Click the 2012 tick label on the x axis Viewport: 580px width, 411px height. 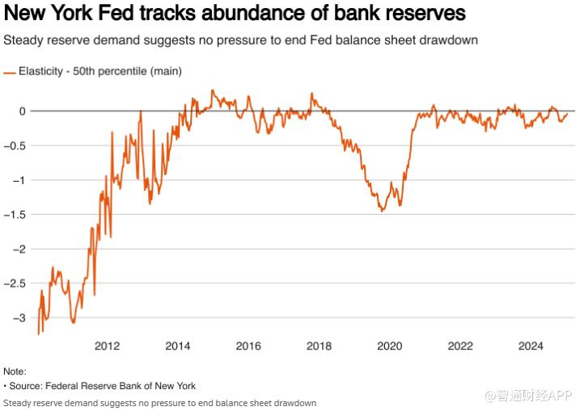107,346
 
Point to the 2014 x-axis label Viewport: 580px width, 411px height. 177,346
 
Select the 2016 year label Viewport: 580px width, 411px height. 248,346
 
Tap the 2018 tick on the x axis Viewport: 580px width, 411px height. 319,346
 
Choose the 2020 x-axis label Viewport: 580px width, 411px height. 390,346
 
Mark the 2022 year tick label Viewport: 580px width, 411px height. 460,346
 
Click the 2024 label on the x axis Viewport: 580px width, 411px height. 531,346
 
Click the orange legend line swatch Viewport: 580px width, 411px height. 10,72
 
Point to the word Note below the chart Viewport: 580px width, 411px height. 15,371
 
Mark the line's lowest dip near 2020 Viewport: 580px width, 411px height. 383,212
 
